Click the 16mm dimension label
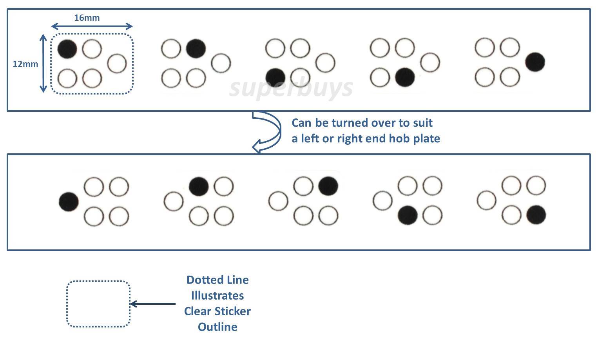click(x=87, y=18)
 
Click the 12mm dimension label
click(x=25, y=64)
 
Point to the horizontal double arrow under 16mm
click(x=92, y=26)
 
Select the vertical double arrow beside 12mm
click(x=43, y=63)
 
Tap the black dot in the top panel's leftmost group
click(x=67, y=49)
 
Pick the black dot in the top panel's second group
click(x=196, y=48)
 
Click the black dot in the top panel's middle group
click(x=275, y=78)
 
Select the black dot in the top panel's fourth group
click(x=405, y=77)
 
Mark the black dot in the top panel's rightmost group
click(x=535, y=62)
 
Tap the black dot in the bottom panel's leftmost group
click(x=69, y=202)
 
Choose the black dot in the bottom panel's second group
click(x=199, y=186)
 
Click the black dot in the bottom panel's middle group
click(x=328, y=186)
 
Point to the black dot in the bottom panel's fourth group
click(x=408, y=215)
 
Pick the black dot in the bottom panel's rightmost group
click(x=536, y=215)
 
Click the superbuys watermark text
click(x=291, y=89)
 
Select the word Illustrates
click(x=217, y=296)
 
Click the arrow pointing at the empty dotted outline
click(x=153, y=304)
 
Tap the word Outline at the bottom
click(x=217, y=327)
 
